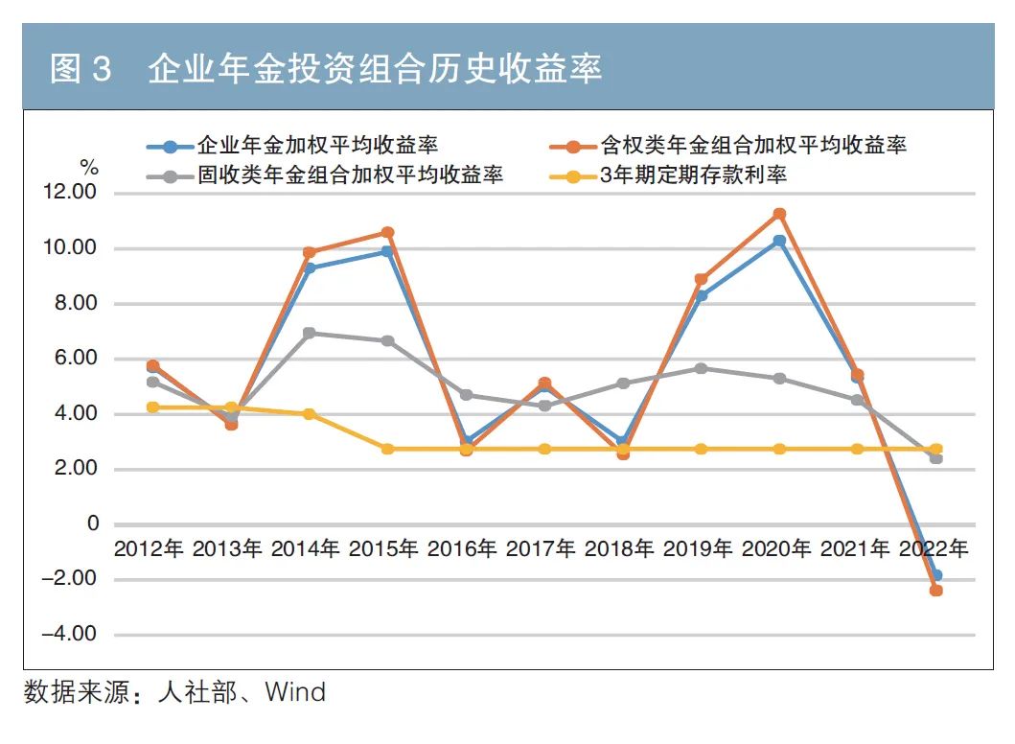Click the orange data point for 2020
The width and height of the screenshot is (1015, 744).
779,214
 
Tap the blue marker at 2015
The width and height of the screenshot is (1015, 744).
387,252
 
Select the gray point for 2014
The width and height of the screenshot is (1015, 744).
309,333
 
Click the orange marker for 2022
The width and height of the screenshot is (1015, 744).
935,591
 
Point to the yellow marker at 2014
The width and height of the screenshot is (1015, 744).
309,414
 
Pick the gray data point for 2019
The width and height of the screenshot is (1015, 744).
701,368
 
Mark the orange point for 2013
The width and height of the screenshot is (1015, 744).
231,424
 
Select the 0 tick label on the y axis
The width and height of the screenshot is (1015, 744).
93,524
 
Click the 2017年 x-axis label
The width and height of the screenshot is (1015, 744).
542,550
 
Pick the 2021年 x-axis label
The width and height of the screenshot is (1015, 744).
856,550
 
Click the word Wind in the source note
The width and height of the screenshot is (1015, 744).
295,692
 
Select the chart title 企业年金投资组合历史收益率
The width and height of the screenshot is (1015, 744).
375,69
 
